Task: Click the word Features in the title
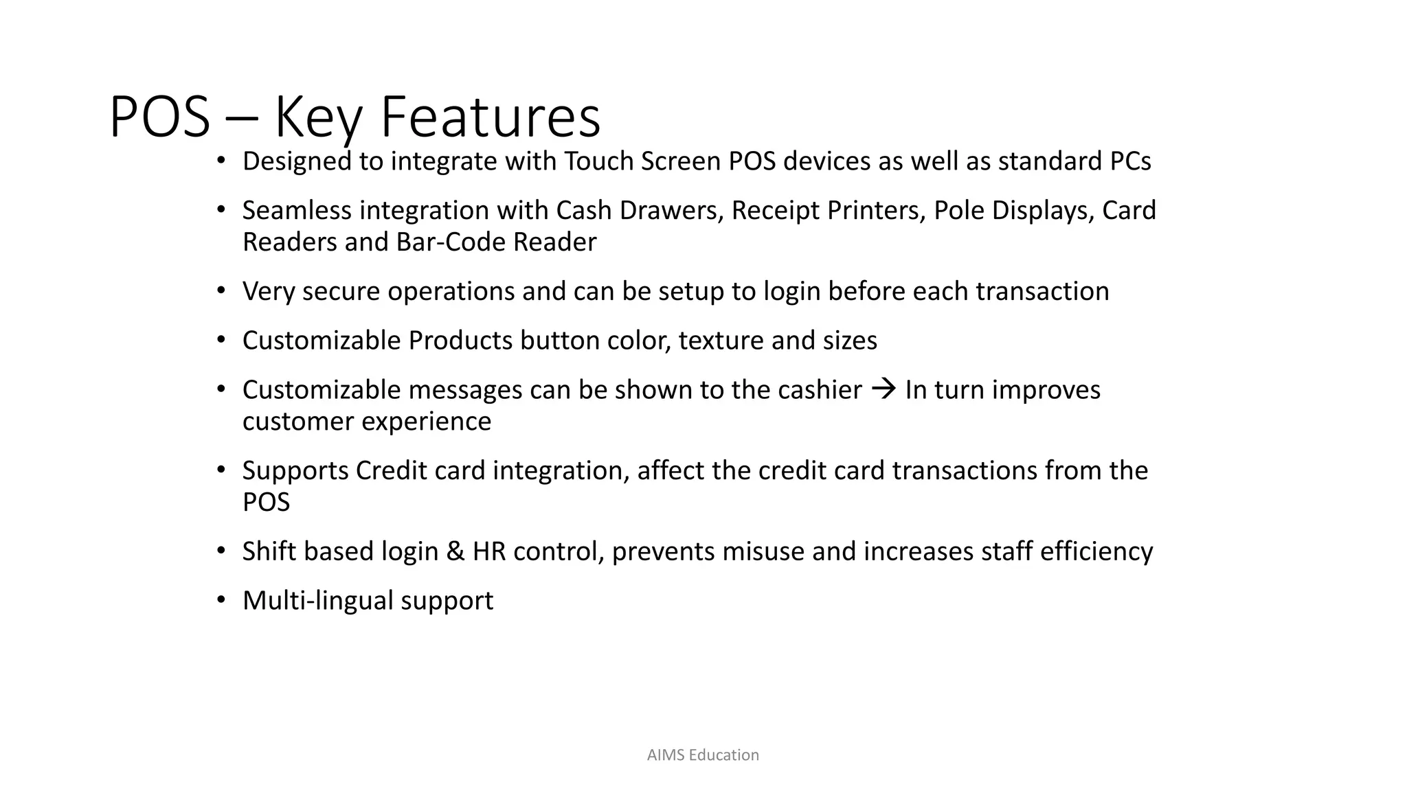[x=490, y=117]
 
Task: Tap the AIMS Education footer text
[x=703, y=755]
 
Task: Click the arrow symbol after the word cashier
[x=883, y=389]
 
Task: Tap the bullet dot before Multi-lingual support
[x=221, y=600]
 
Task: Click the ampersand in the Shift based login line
[x=455, y=551]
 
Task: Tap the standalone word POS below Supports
[x=266, y=503]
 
